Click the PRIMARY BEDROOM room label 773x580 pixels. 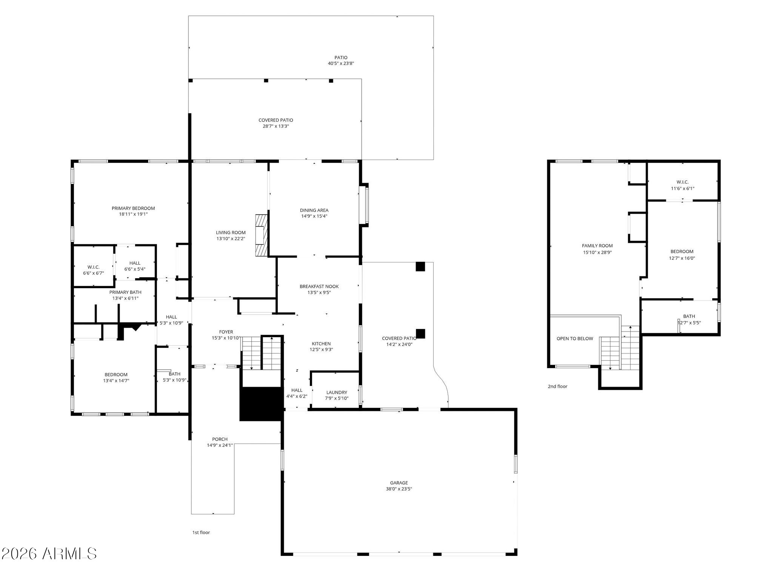click(133, 208)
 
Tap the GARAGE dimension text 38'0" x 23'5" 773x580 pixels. click(399, 489)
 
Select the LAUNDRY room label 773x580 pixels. click(337, 393)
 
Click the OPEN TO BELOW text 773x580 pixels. click(575, 339)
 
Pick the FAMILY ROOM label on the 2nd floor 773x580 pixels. click(597, 246)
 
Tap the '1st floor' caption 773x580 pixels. click(201, 533)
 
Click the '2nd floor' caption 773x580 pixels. click(557, 387)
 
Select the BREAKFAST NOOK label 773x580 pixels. click(319, 287)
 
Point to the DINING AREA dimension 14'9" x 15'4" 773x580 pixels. click(314, 216)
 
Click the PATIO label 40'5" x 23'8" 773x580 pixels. click(341, 60)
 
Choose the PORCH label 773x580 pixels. click(220, 440)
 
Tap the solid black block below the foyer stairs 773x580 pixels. click(261, 404)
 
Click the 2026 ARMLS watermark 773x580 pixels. click(49, 554)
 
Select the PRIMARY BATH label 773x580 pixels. click(125, 292)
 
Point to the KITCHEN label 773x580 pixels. click(321, 344)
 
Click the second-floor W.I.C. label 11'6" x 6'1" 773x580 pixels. click(682, 185)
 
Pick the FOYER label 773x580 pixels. click(226, 332)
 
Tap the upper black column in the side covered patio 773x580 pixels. click(420, 267)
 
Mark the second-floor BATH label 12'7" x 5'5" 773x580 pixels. click(689, 319)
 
